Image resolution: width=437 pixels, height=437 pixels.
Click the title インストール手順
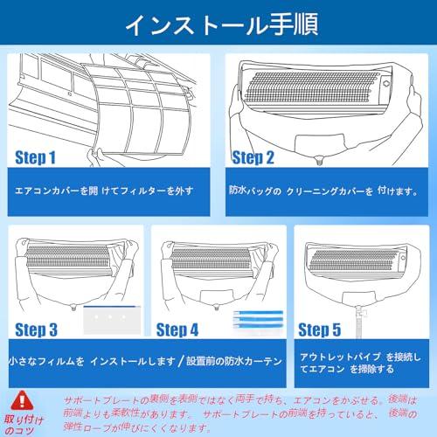click(218, 23)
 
